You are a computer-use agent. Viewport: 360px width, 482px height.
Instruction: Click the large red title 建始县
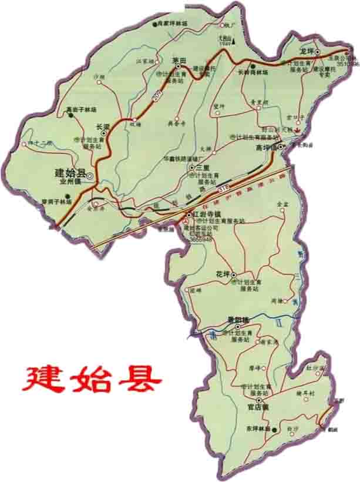pyautogui.click(x=92, y=379)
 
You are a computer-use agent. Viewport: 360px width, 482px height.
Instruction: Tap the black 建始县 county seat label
pyautogui.click(x=70, y=173)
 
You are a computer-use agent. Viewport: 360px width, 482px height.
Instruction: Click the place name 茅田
pyautogui.click(x=179, y=61)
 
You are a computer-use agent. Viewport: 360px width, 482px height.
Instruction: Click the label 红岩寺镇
pyautogui.click(x=206, y=214)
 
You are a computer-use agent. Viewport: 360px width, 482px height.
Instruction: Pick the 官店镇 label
pyautogui.click(x=257, y=406)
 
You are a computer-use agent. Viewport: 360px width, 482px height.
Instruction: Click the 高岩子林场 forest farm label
pyautogui.click(x=80, y=109)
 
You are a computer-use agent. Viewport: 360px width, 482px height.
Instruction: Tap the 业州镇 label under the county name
pyautogui.click(x=70, y=182)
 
